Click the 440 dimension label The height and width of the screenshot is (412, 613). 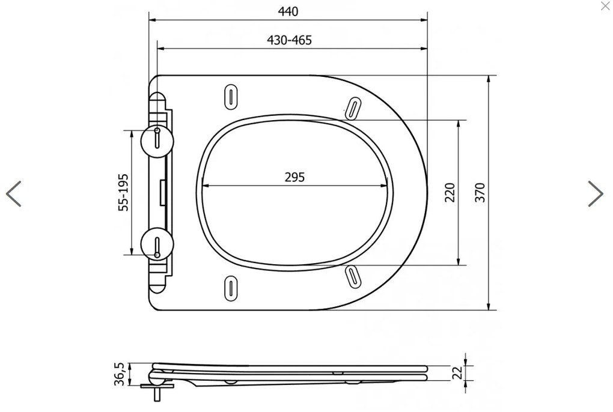pyautogui.click(x=288, y=11)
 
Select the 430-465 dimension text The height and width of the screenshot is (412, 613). pyautogui.click(x=289, y=40)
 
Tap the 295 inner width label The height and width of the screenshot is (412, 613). pyautogui.click(x=294, y=177)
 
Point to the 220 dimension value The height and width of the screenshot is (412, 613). pyautogui.click(x=450, y=192)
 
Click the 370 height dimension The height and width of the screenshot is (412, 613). pyautogui.click(x=480, y=192)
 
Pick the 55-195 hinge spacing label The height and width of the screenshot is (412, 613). pyautogui.click(x=123, y=193)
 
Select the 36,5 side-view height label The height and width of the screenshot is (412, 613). pyautogui.click(x=120, y=374)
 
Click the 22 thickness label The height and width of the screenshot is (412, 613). pyautogui.click(x=457, y=372)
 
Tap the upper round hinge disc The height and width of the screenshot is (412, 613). pyautogui.click(x=157, y=141)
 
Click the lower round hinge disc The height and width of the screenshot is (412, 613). pyautogui.click(x=157, y=244)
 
